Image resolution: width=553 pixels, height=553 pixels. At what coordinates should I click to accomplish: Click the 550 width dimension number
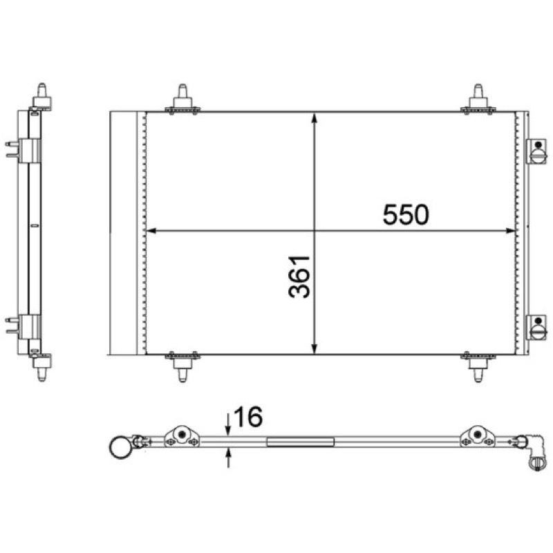point(406,214)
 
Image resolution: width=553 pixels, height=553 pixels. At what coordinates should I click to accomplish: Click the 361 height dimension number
point(299,277)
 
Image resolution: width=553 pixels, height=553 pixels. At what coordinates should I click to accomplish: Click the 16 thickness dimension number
point(248,417)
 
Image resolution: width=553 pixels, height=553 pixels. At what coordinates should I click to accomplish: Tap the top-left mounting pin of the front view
point(182,99)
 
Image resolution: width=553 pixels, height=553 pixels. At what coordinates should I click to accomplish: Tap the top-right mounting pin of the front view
point(478,99)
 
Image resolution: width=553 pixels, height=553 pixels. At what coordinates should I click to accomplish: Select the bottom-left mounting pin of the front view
point(182,367)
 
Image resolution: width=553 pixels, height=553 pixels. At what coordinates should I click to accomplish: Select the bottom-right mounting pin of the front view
point(478,367)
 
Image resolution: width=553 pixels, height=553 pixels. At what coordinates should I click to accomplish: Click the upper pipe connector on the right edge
point(536,151)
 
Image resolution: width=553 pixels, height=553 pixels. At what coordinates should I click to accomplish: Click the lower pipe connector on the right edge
point(536,327)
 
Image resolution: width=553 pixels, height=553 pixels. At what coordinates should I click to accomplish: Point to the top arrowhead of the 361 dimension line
point(315,118)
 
